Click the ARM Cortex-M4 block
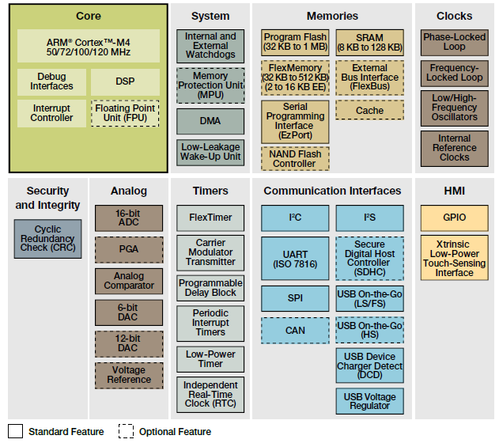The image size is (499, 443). click(88, 46)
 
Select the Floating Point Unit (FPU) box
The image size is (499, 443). click(126, 112)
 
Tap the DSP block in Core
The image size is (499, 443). click(125, 81)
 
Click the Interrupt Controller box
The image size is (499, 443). click(52, 112)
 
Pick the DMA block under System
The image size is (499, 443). click(210, 121)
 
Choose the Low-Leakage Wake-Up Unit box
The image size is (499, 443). click(210, 152)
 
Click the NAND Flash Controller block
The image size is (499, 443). click(294, 158)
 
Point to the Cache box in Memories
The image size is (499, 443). click(369, 110)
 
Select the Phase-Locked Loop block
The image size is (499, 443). click(454, 42)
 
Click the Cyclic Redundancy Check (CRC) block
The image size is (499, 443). click(47, 238)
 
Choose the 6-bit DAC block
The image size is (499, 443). click(128, 312)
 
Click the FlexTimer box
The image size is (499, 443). click(210, 217)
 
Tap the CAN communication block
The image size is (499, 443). click(294, 330)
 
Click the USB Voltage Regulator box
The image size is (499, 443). click(369, 400)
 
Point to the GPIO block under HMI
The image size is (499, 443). click(454, 217)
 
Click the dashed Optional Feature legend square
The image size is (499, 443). click(127, 431)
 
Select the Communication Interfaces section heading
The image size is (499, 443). click(332, 191)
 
